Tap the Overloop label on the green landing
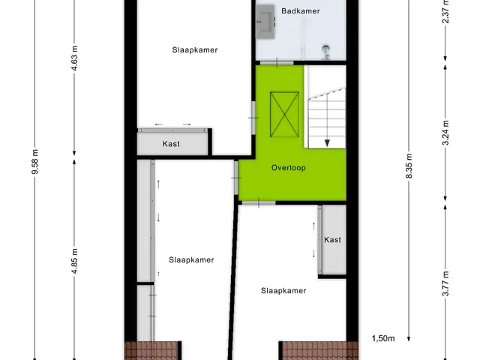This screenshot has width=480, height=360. click(288, 168)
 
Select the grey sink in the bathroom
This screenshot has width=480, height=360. click(265, 22)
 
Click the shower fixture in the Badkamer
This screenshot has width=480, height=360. click(326, 52)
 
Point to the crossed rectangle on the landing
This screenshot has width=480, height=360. click(284, 115)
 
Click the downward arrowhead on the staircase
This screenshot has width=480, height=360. click(327, 143)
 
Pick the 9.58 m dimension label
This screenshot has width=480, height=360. click(35, 162)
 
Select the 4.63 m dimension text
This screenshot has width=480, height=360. click(74, 58)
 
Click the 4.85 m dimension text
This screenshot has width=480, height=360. click(75, 261)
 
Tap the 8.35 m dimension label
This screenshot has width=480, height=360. click(409, 165)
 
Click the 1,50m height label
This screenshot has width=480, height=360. click(383, 338)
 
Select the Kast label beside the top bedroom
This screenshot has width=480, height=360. click(171, 144)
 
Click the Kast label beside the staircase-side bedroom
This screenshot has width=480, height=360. click(332, 240)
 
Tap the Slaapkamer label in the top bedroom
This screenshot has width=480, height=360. click(195, 50)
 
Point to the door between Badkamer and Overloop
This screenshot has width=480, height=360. click(277, 63)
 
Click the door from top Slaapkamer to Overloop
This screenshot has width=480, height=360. click(253, 118)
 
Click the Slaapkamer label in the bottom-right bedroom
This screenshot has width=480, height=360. click(283, 290)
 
